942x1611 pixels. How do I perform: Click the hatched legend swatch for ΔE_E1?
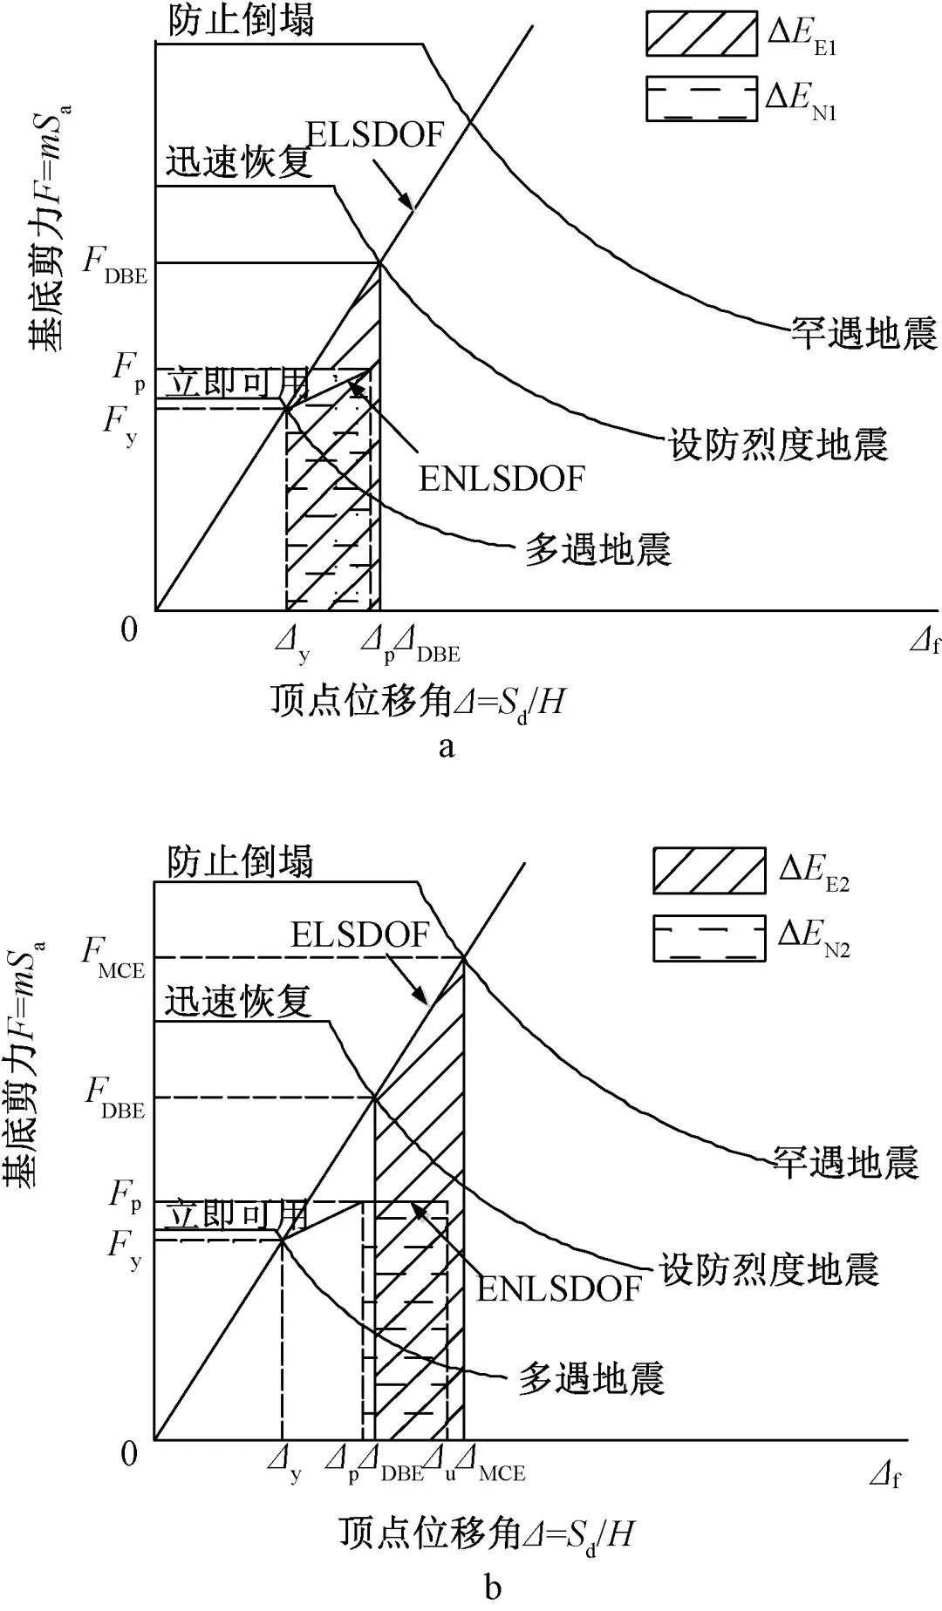(x=700, y=35)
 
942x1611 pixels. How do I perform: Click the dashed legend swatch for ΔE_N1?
(x=700, y=99)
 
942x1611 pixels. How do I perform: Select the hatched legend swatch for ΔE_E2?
(x=709, y=870)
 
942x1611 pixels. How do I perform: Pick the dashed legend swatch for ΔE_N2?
(x=709, y=938)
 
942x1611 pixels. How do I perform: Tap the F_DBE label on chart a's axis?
(x=116, y=263)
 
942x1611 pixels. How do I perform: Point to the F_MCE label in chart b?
(x=113, y=955)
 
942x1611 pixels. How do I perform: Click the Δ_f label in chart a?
(x=925, y=644)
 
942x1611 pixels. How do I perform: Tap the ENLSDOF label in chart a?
(x=502, y=479)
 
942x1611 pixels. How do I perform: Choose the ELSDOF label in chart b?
(x=359, y=935)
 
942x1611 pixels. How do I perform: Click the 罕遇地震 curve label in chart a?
(x=863, y=333)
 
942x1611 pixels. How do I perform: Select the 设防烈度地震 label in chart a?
(x=777, y=445)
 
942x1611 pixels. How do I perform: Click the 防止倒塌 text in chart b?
(x=240, y=861)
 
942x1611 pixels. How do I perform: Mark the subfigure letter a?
(x=447, y=747)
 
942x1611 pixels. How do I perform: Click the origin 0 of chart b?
(x=129, y=1453)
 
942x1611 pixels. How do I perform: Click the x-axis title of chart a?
(x=417, y=701)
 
